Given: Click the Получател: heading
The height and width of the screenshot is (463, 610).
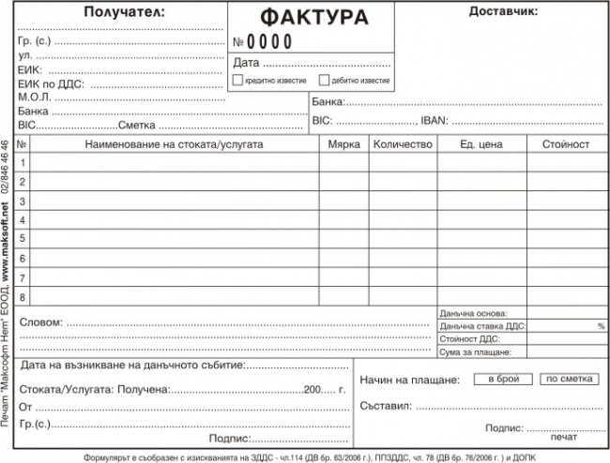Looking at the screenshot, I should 123,12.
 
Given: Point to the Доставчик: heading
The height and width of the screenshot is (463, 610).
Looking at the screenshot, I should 503,12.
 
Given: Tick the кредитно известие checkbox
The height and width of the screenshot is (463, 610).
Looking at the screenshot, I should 237,81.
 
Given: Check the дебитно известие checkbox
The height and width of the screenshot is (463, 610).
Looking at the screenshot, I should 325,81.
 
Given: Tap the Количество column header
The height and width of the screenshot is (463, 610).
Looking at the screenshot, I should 402,145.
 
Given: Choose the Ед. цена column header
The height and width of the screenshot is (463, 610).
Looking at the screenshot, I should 481,145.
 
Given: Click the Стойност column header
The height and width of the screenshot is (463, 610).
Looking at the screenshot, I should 565,145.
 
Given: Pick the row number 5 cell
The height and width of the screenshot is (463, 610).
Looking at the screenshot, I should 23,238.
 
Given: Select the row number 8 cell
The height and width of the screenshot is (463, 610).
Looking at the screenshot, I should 23,295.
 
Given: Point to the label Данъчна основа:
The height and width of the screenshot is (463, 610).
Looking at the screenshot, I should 472,313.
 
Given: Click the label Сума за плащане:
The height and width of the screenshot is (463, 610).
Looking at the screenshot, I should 474,352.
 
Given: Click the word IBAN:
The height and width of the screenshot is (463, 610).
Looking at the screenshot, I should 435,121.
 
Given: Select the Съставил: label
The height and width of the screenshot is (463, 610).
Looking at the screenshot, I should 385,406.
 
